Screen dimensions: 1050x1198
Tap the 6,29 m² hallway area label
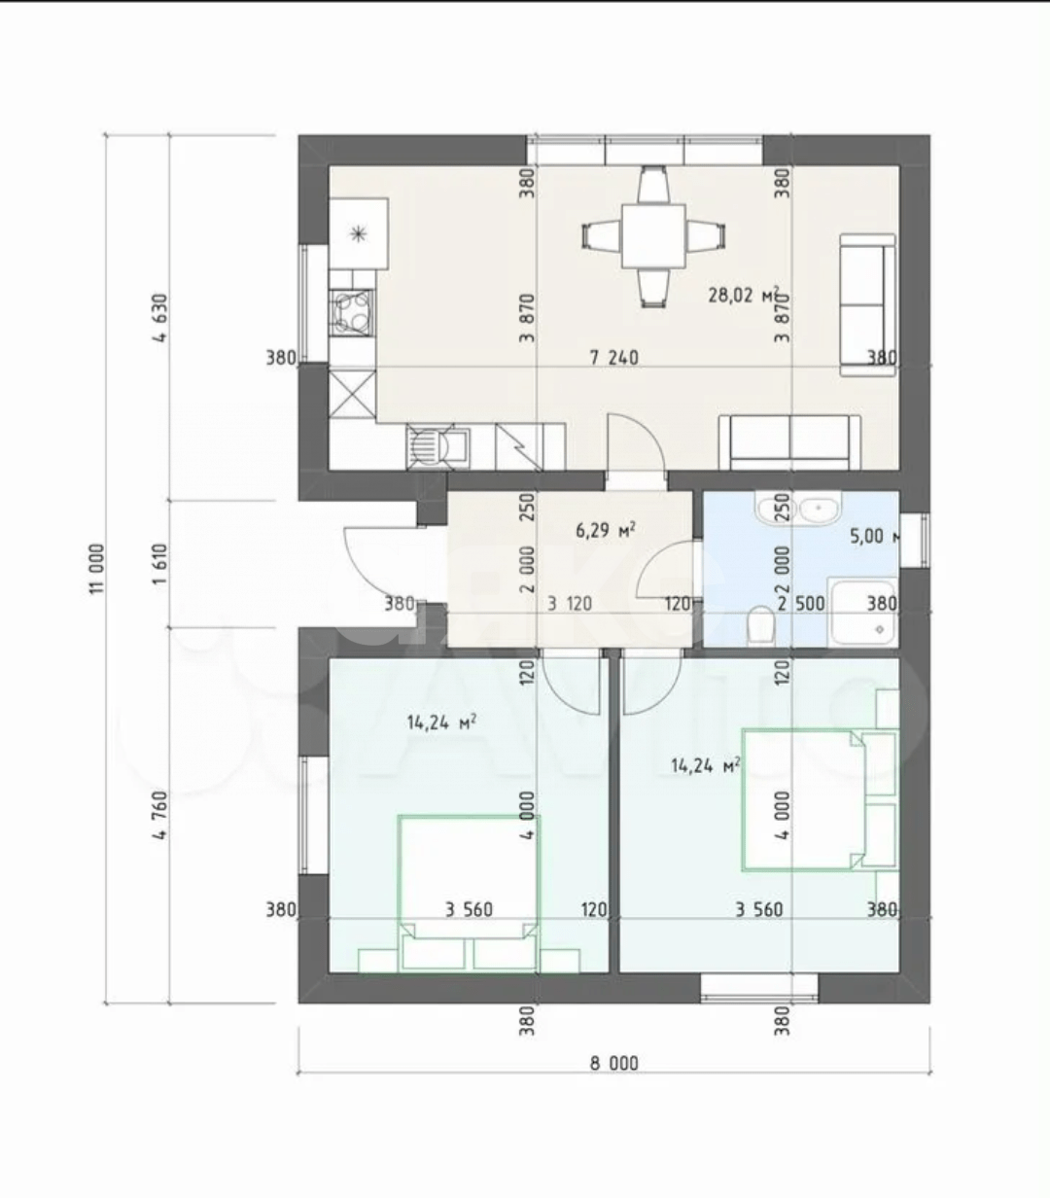(606, 530)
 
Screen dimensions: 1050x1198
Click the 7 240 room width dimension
(614, 358)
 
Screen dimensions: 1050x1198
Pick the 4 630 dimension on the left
(160, 318)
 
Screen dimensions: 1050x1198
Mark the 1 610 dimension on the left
(160, 565)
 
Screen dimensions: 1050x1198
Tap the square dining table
(653, 236)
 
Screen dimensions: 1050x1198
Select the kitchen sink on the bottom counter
(438, 447)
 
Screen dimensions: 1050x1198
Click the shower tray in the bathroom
(863, 612)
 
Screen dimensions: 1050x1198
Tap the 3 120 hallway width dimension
(570, 604)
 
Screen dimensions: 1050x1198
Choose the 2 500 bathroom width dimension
(801, 604)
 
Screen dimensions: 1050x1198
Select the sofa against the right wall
(868, 304)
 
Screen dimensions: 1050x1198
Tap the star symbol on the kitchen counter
(358, 234)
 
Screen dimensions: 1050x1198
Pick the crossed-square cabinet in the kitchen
(352, 395)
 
